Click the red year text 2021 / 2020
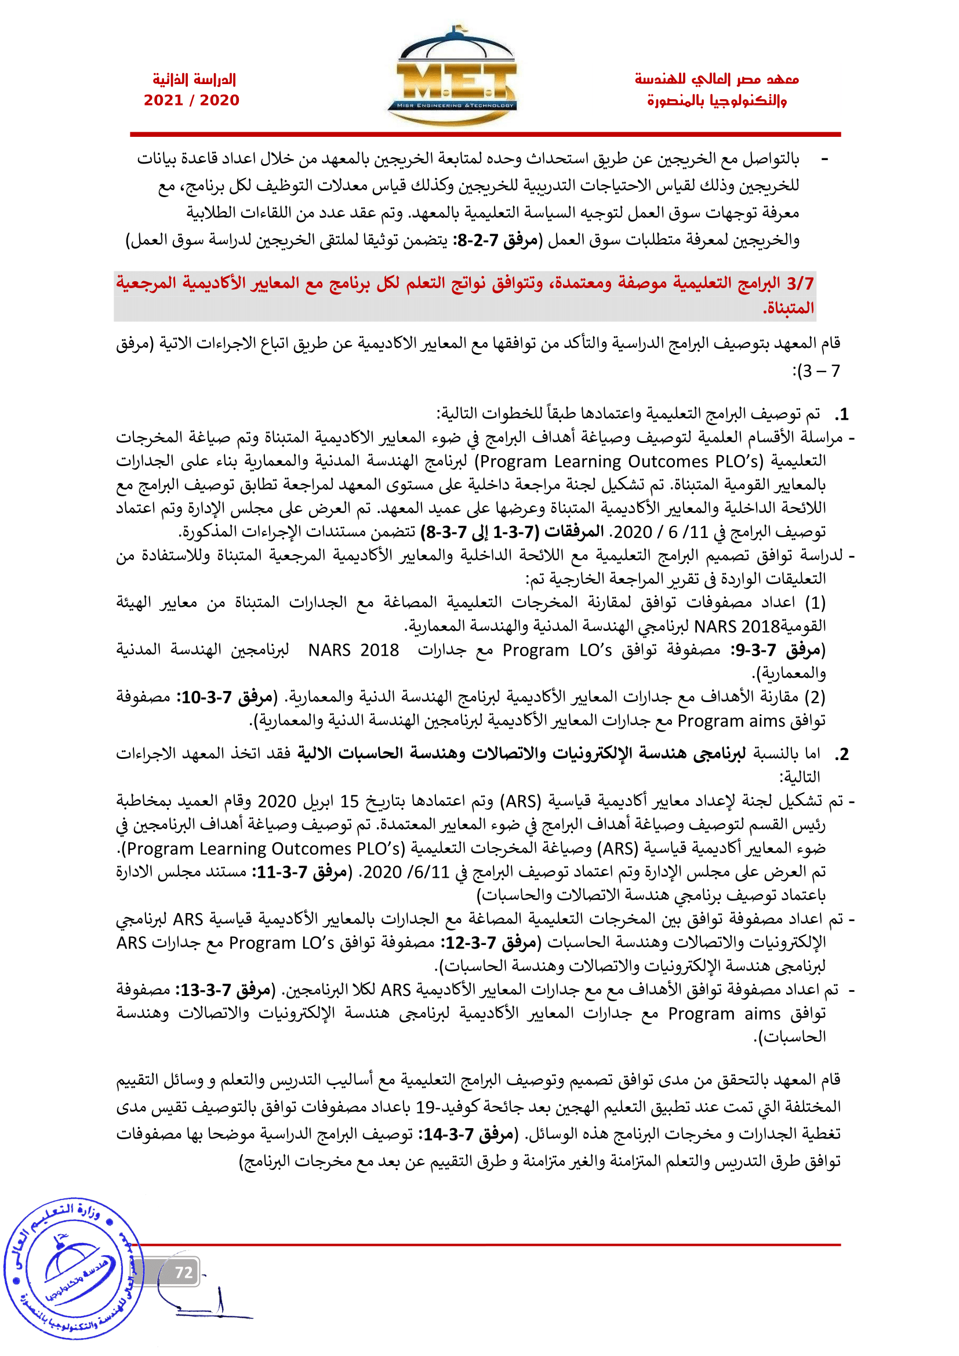pyautogui.click(x=191, y=100)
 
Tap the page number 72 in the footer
pyautogui.click(x=184, y=1271)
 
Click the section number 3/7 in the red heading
pyautogui.click(x=800, y=283)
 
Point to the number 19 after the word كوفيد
pyautogui.click(x=425, y=1107)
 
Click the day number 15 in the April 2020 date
pyautogui.click(x=349, y=801)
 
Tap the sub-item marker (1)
pyautogui.click(x=816, y=603)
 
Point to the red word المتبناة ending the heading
pyautogui.click(x=789, y=308)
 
